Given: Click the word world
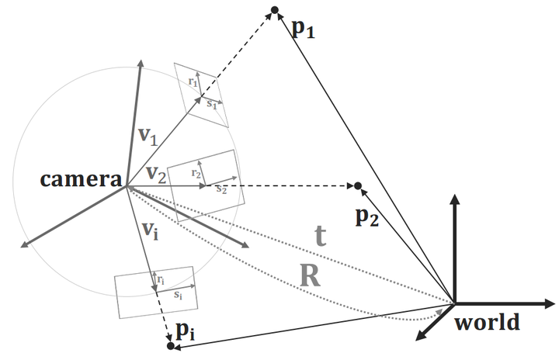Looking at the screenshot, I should [488, 321].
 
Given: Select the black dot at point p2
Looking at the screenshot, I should [358, 185].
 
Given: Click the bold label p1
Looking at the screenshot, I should [303, 30].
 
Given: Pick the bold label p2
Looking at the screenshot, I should [367, 218].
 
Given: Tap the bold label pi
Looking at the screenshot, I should [185, 331].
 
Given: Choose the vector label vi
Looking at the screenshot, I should [151, 230].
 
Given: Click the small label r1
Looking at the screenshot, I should [193, 81].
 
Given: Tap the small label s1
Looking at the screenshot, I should [211, 103].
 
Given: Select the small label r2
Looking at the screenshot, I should [198, 175].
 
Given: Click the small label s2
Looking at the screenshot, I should [221, 189].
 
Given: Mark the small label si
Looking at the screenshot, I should [178, 295].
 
